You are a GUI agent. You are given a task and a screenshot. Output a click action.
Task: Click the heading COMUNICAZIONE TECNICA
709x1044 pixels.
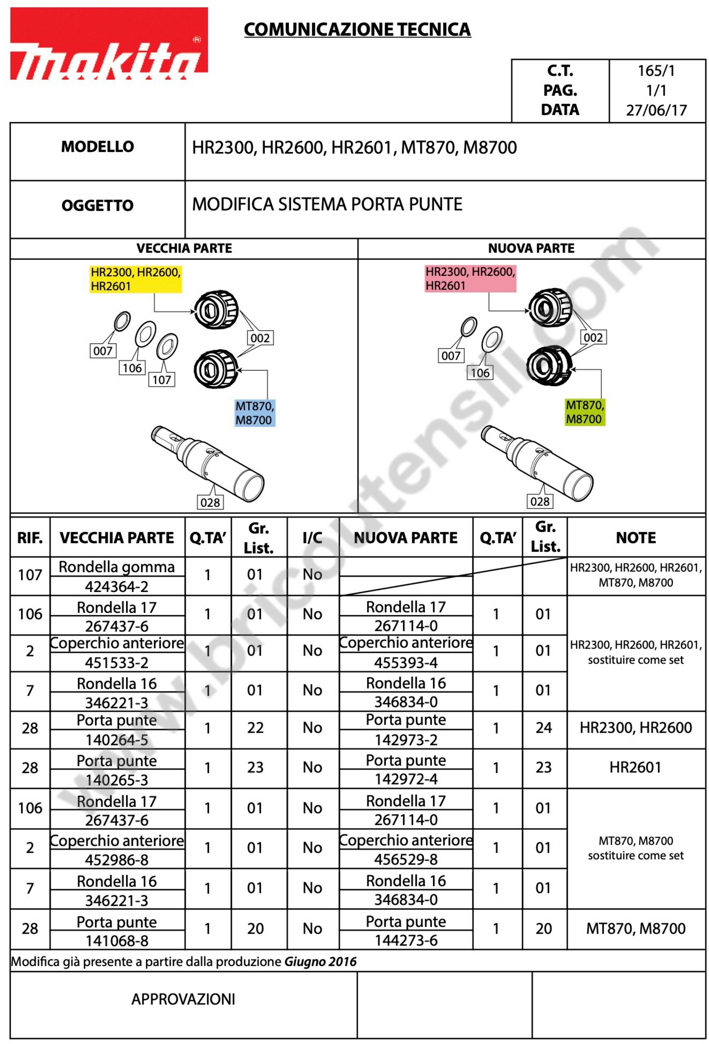(x=357, y=30)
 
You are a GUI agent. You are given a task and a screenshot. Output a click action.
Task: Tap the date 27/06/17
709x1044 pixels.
(x=656, y=110)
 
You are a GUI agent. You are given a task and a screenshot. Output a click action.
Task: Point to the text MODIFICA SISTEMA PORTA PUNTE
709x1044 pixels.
(x=327, y=204)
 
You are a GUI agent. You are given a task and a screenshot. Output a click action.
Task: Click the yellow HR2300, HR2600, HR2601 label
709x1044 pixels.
(x=136, y=279)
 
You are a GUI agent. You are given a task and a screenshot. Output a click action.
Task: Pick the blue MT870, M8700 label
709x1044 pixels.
(x=255, y=413)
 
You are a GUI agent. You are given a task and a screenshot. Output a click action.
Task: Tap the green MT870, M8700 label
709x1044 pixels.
(x=585, y=412)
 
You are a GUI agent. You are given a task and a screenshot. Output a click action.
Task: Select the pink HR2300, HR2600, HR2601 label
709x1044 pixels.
(x=470, y=278)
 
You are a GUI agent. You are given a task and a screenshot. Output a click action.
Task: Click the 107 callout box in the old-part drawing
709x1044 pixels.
(x=162, y=380)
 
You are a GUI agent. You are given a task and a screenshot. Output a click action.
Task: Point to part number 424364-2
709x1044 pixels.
(x=117, y=586)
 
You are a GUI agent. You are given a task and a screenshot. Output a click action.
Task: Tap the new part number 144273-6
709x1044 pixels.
(x=406, y=940)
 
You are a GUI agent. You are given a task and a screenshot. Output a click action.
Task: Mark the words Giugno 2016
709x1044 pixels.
(x=320, y=962)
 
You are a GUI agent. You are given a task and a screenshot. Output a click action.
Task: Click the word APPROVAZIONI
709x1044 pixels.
(x=183, y=999)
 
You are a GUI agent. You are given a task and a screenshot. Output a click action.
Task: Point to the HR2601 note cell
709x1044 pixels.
(x=636, y=767)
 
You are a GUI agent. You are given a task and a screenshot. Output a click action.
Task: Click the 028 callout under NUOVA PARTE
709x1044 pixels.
(x=540, y=501)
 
